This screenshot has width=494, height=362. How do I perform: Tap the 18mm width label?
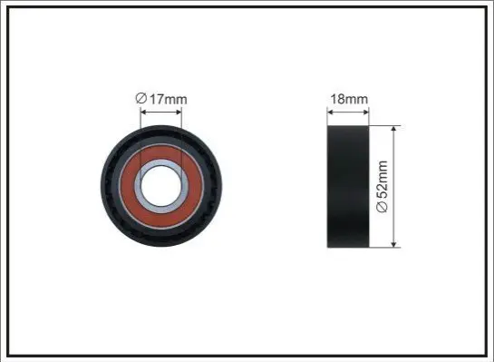349,99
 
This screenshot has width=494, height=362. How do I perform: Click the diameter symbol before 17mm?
141,98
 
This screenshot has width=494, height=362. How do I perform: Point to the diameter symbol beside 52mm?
383,207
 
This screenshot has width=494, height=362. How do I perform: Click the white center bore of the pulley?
161,186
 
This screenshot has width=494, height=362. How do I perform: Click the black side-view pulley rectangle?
348,186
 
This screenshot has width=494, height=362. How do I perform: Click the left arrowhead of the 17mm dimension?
143,112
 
